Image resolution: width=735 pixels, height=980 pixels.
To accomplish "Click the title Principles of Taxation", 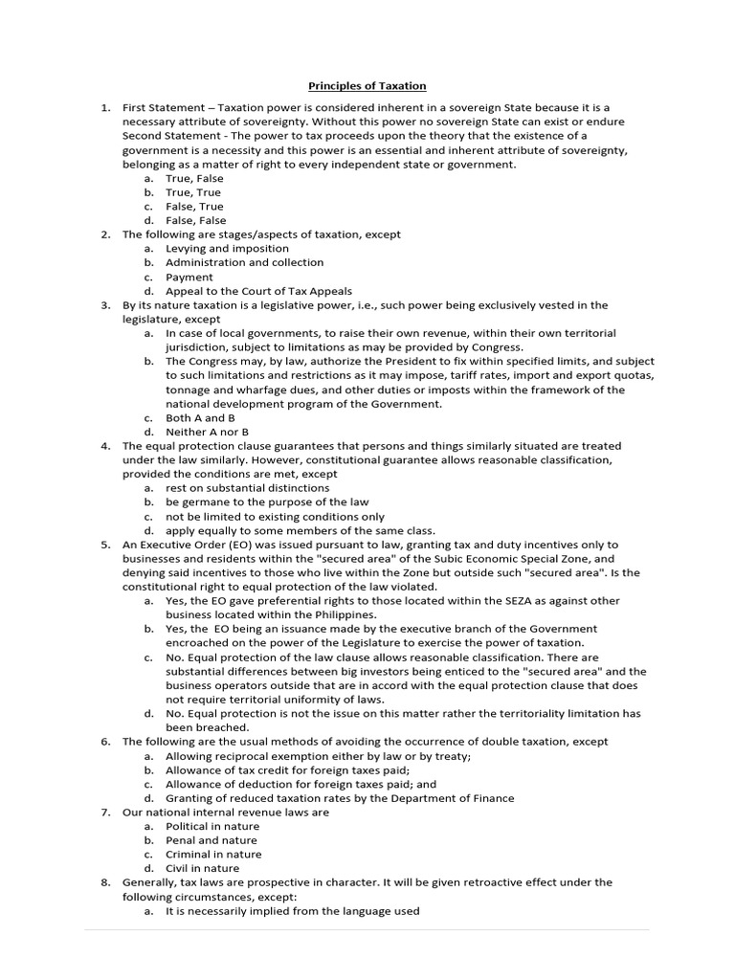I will (x=367, y=86).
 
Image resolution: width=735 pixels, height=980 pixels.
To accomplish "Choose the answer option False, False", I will (x=195, y=220).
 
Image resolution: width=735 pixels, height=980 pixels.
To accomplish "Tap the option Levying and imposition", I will (x=227, y=248).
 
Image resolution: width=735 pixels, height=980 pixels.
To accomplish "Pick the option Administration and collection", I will (x=244, y=262).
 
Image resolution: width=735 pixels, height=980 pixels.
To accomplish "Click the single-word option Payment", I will (x=189, y=277).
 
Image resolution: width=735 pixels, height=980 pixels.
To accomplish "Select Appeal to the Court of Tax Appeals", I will (x=258, y=291).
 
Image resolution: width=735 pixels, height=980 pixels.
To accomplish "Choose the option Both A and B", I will (x=200, y=418).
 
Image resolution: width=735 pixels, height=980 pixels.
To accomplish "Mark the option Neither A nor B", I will (x=207, y=433).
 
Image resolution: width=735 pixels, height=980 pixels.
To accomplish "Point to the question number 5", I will (x=106, y=545).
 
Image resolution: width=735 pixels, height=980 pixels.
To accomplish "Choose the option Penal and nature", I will (x=211, y=840).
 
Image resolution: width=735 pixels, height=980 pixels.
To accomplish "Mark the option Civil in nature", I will (x=202, y=868).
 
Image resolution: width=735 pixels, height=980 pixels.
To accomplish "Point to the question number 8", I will (x=106, y=882).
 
